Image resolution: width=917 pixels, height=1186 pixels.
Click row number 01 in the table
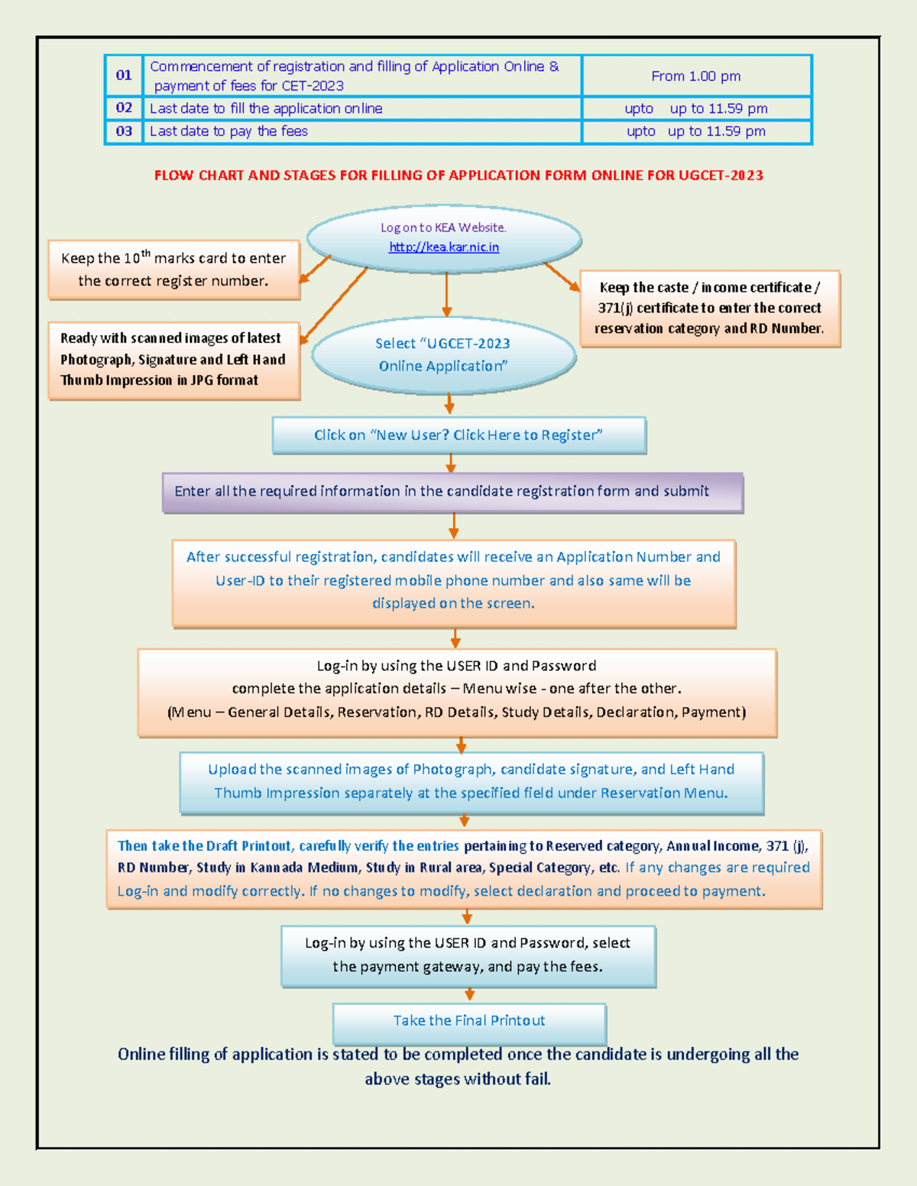(124, 75)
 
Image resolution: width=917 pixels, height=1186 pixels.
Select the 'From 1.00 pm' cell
(696, 76)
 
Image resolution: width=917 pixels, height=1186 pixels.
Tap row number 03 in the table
(124, 131)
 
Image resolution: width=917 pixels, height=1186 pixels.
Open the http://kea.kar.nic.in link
(444, 247)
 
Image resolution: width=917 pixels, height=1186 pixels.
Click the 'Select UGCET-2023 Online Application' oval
(443, 355)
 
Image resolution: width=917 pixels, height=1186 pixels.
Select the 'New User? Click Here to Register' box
(458, 435)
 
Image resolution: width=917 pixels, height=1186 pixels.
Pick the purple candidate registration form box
(452, 492)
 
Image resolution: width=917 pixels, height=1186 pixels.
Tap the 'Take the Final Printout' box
(469, 1021)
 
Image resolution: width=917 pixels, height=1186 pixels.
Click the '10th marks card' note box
(173, 270)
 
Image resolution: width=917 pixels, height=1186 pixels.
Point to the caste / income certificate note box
(710, 309)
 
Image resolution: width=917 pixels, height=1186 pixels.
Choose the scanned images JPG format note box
(173, 360)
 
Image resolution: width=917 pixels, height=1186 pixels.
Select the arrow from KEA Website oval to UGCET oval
(447, 295)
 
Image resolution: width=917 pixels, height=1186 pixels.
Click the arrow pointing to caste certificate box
(562, 276)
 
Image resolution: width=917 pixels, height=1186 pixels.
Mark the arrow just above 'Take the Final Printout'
(470, 994)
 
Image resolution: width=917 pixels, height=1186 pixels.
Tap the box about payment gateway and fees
(468, 955)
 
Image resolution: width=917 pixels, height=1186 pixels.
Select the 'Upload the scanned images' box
(471, 782)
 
